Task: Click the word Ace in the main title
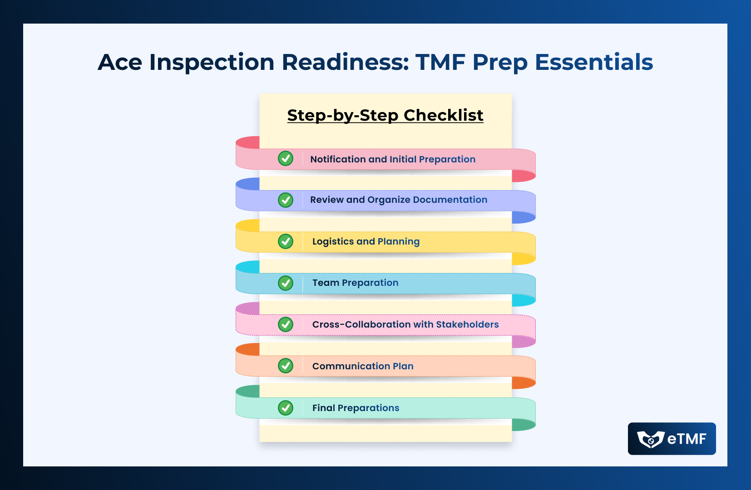point(120,62)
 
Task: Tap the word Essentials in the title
point(594,62)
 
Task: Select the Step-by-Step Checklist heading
point(385,115)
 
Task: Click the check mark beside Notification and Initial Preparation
point(286,158)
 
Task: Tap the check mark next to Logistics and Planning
point(286,241)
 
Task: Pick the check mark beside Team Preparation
point(286,283)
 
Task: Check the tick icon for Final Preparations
point(286,408)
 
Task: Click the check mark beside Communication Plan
point(286,366)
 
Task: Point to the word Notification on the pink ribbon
point(338,159)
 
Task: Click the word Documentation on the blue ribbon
point(450,200)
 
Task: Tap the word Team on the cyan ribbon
point(326,283)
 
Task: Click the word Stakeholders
point(467,324)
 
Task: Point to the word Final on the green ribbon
point(323,407)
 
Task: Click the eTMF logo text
point(687,439)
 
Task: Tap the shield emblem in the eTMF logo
point(651,440)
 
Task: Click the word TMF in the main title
point(440,62)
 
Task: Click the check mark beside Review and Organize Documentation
point(286,200)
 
